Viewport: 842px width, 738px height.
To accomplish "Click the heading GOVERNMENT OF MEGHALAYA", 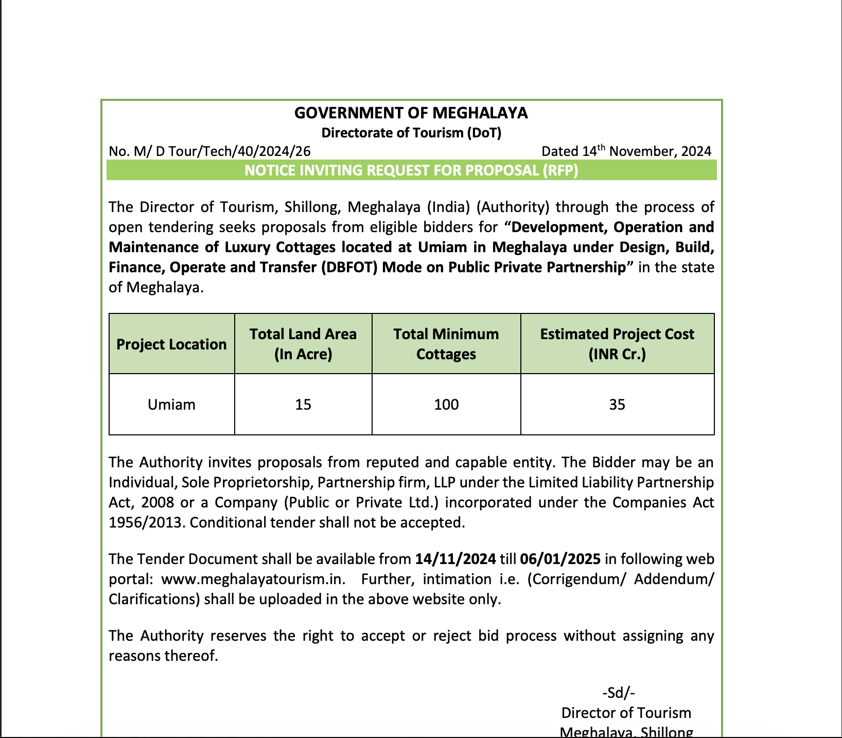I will point(411,113).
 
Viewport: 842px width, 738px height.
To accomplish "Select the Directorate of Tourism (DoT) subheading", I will point(411,133).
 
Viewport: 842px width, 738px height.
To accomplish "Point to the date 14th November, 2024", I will point(647,151).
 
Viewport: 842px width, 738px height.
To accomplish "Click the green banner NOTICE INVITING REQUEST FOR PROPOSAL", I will point(411,170).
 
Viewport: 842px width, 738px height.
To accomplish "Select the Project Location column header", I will point(171,344).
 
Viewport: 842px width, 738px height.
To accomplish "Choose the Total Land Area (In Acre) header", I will point(303,344).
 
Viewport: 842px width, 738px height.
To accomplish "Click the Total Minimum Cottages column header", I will point(446,344).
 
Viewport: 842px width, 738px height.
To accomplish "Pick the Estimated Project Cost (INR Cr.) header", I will point(617,344).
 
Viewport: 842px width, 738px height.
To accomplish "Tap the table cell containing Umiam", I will point(171,405).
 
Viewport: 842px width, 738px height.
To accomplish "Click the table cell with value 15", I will point(303,405).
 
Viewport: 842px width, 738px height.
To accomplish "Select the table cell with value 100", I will point(446,405).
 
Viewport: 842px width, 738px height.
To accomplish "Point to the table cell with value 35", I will point(617,405).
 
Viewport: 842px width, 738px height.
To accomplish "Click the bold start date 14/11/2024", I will point(455,559).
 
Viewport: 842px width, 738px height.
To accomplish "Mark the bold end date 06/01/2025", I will point(560,559).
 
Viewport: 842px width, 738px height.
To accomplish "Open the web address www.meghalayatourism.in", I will point(253,579).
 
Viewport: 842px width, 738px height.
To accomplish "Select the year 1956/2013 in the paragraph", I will point(147,523).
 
